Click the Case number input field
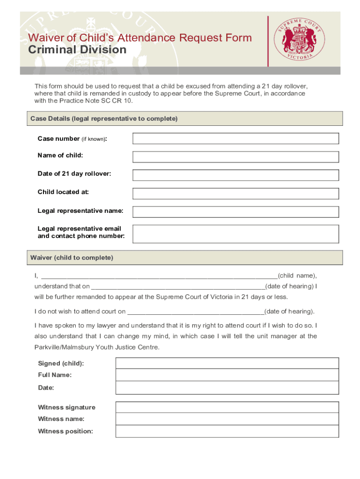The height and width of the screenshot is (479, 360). point(236,138)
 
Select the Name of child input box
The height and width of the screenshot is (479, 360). point(236,157)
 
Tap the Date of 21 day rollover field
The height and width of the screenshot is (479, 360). point(236,175)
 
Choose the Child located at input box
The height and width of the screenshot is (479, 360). point(236,193)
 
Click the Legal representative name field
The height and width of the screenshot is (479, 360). point(236,211)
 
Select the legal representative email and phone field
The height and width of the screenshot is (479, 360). point(236,233)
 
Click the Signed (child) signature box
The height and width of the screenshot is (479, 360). point(227,363)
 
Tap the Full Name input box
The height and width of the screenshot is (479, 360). point(227,375)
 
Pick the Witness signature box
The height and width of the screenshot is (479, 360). point(227,407)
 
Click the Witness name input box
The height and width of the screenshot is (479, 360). point(227,419)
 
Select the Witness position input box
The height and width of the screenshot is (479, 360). point(227,431)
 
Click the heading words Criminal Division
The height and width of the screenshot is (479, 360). point(78,50)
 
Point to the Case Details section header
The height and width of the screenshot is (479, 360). point(104,119)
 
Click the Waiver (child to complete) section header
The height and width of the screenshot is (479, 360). point(72,258)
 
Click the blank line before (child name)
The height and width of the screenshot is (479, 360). point(159,275)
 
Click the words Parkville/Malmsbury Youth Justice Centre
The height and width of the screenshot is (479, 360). point(97,347)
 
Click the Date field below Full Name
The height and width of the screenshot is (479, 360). point(227,388)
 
